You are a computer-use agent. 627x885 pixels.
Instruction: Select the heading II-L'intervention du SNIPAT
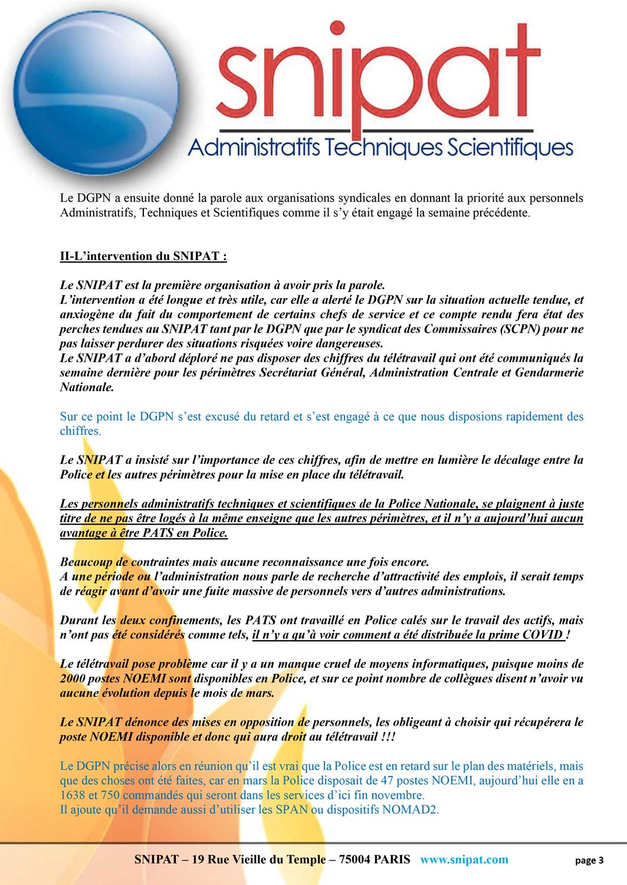[143, 256]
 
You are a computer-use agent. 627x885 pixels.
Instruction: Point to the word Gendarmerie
[549, 372]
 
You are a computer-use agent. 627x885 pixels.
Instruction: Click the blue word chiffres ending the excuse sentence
[79, 431]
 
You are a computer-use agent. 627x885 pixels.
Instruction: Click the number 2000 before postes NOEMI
[73, 678]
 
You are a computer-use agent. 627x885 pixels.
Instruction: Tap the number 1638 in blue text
[73, 795]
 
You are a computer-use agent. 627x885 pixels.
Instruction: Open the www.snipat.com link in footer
[464, 860]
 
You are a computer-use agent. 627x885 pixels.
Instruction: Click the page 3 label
[589, 860]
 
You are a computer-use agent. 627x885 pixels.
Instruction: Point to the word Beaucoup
[86, 562]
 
